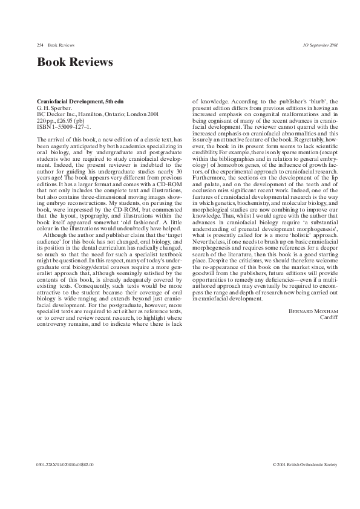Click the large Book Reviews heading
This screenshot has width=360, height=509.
pyautogui.click(x=75, y=63)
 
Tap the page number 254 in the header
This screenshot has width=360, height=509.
pyautogui.click(x=41, y=45)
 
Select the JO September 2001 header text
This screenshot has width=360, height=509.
pyautogui.click(x=320, y=45)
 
